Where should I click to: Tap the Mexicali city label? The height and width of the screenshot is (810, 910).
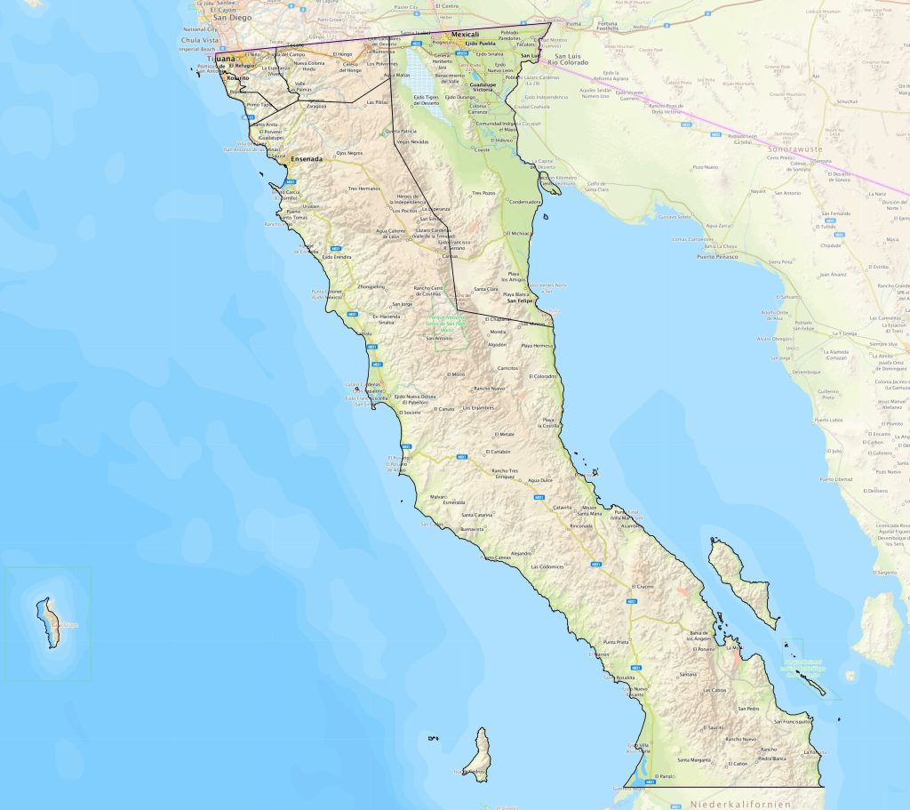(x=465, y=35)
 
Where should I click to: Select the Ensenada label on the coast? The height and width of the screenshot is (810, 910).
(x=306, y=159)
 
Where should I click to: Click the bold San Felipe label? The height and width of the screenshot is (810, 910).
(x=519, y=301)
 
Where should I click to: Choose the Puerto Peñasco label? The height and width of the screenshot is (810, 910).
(x=717, y=257)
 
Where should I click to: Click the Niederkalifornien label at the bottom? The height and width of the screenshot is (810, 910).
(x=727, y=804)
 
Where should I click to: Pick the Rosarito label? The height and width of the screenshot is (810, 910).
(x=238, y=77)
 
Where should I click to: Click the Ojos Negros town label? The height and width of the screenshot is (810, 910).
(x=349, y=153)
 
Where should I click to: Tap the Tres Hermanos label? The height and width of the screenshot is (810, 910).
(x=363, y=188)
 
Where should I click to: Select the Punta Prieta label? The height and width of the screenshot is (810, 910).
(x=616, y=641)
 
